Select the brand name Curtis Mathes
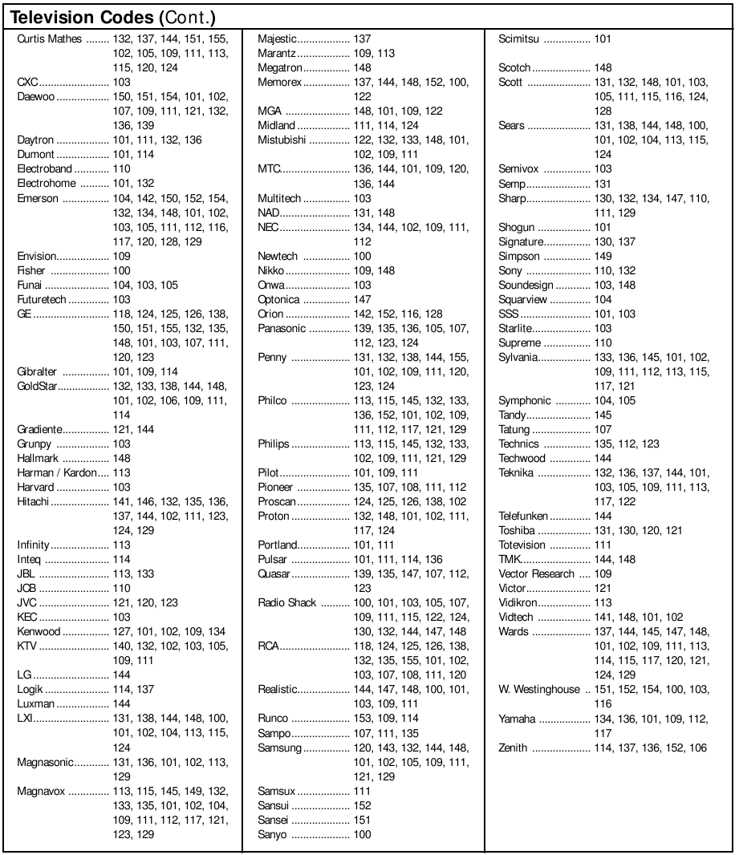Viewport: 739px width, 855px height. tap(50, 38)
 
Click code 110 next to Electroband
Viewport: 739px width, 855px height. tap(121, 169)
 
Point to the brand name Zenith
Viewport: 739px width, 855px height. tap(513, 748)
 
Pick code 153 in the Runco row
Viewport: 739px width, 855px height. tap(363, 719)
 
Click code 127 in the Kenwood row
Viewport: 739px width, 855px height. tap(121, 631)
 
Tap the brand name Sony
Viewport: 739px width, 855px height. tap(510, 271)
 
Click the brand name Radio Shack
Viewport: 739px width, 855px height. tap(287, 602)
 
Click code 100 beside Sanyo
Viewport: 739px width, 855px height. tap(363, 834)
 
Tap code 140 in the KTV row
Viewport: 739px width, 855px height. tap(121, 646)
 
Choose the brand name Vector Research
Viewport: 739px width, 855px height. tap(537, 573)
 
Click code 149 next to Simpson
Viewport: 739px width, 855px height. tap(603, 257)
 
